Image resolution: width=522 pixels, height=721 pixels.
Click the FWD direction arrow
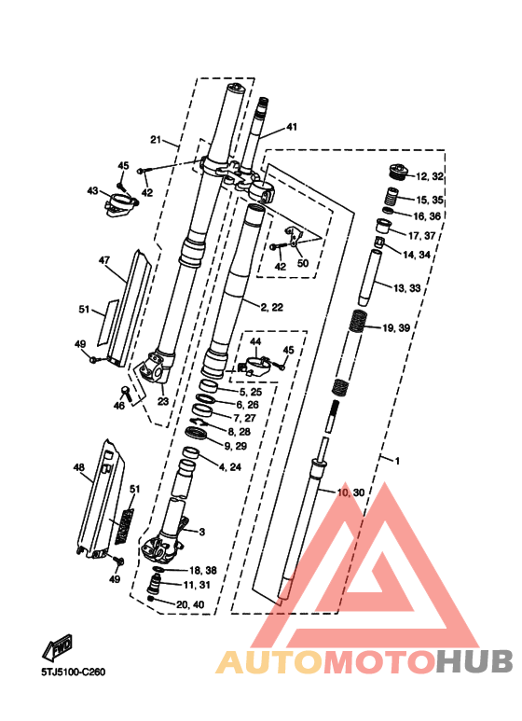point(58,646)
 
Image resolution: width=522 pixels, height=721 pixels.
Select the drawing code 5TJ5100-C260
point(74,672)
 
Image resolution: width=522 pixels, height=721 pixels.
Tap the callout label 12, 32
point(430,176)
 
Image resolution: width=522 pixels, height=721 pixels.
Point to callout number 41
point(292,127)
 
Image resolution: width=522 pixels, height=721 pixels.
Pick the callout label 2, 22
point(272,307)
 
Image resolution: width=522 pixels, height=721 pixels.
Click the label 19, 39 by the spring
point(396,327)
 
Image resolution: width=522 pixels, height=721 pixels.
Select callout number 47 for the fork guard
point(104,261)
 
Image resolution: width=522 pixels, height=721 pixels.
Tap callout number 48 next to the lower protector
point(79,467)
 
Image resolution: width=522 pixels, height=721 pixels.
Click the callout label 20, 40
point(190,604)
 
